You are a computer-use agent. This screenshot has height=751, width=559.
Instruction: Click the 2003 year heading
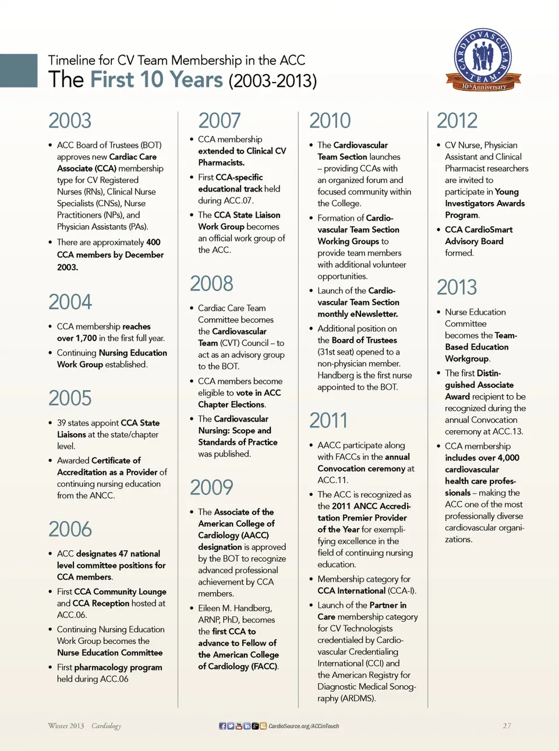tap(70, 121)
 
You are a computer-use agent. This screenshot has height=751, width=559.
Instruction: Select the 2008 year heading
tap(211, 284)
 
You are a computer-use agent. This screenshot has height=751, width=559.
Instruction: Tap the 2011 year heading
tap(328, 420)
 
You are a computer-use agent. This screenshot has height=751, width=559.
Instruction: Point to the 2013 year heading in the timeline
tap(457, 288)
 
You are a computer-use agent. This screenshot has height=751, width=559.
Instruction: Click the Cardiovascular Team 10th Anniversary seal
tap(483, 60)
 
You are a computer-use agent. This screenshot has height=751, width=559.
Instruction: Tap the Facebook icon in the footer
tap(222, 726)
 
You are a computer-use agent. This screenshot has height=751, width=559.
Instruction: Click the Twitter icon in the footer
tap(231, 726)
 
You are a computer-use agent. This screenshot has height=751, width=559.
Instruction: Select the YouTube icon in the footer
tap(239, 726)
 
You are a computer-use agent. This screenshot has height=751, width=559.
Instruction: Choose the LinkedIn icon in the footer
tap(247, 726)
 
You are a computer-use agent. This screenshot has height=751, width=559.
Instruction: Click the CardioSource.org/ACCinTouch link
tap(303, 726)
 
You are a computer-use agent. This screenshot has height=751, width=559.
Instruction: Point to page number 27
tap(507, 726)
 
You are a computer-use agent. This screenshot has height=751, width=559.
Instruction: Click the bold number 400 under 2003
tap(153, 242)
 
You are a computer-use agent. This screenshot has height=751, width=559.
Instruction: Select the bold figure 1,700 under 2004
tap(86, 338)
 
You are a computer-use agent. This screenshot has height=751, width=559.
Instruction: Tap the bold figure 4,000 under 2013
tap(508, 458)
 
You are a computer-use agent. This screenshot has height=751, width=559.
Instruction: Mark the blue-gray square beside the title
tap(19, 70)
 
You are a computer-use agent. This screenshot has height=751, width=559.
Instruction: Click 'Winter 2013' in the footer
tap(66, 726)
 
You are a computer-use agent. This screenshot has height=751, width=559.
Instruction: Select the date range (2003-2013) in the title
tap(273, 80)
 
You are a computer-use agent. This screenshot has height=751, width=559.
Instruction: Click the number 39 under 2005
tap(62, 423)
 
